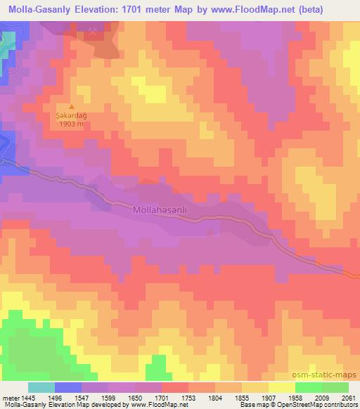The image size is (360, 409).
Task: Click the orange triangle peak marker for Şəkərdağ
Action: (x=70, y=108)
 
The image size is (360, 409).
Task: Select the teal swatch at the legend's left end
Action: (x=41, y=387)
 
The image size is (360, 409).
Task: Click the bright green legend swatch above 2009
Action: (x=308, y=387)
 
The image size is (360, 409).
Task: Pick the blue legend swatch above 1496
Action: (x=68, y=387)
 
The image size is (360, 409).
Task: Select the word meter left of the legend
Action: (x=8, y=397)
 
